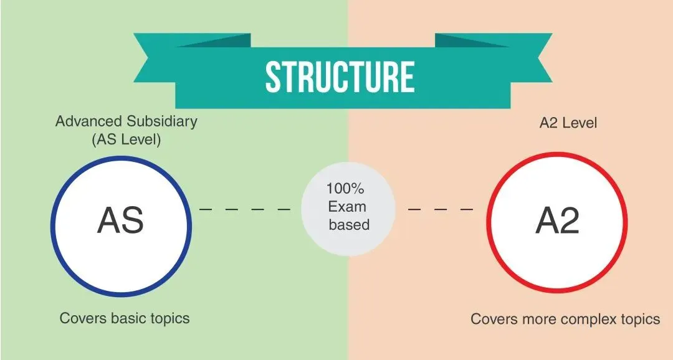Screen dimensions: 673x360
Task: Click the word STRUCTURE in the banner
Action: click(340, 77)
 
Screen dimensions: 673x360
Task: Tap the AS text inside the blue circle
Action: click(121, 220)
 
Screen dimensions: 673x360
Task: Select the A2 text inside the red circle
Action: click(558, 220)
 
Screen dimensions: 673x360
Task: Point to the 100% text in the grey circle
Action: click(345, 188)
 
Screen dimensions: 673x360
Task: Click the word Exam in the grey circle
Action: click(347, 206)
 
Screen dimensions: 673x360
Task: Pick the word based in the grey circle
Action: click(349, 224)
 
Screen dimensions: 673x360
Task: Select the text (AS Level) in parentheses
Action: click(126, 140)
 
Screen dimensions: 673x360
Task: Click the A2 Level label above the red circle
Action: click(568, 123)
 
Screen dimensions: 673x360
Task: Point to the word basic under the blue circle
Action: click(129, 318)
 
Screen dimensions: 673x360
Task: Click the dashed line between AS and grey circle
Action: click(245, 209)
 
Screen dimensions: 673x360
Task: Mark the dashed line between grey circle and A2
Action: click(441, 209)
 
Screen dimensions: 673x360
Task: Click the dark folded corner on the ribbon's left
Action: click(213, 40)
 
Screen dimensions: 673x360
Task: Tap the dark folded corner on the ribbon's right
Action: click(472, 40)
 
